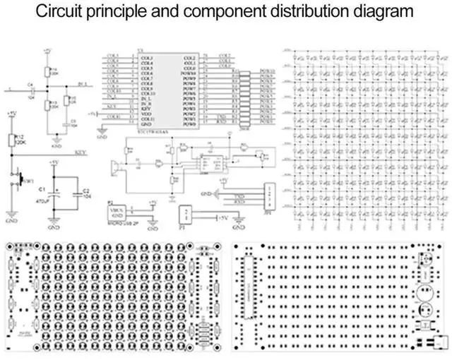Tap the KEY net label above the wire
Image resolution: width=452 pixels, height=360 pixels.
(81, 150)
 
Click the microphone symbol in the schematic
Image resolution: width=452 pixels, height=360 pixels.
(114, 167)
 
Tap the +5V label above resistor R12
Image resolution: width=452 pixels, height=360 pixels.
(11, 114)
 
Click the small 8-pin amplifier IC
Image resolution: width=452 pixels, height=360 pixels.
(208, 162)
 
